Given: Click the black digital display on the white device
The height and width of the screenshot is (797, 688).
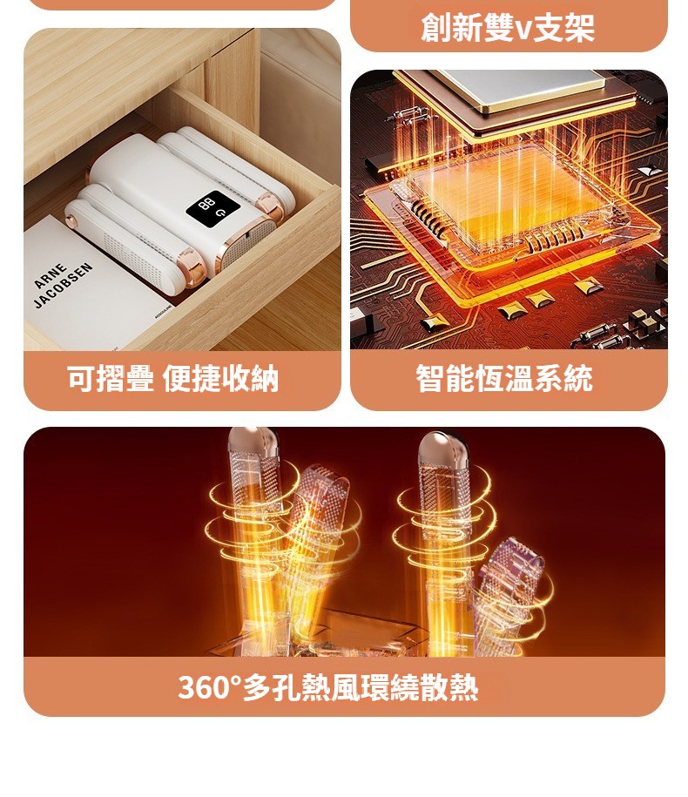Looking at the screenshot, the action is tap(212, 207).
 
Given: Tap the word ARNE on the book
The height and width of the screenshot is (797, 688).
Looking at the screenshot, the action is tap(51, 276).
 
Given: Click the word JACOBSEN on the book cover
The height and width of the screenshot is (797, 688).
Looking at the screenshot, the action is tap(63, 285).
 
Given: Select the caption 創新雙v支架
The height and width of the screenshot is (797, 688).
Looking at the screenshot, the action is tap(508, 27).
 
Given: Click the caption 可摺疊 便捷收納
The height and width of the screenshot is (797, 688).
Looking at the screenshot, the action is tap(172, 378).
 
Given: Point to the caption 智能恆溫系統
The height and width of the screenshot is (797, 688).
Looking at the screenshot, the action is tap(504, 378).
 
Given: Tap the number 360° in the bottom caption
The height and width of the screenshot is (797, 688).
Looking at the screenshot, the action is tap(209, 687).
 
